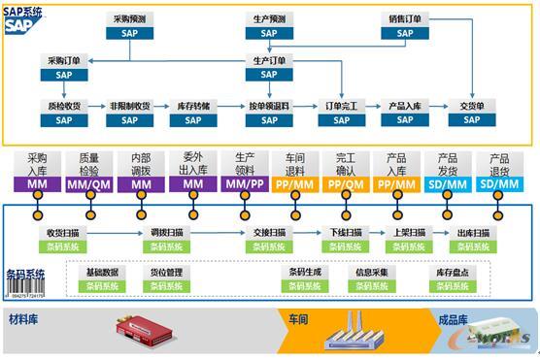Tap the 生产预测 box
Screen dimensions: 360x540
click(x=269, y=25)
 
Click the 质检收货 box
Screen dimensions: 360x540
click(x=64, y=113)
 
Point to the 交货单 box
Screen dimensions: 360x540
click(x=472, y=113)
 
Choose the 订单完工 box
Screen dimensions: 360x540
click(x=342, y=113)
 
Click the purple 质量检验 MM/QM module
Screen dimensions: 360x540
click(x=88, y=171)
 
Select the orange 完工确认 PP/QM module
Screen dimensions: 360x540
click(x=346, y=171)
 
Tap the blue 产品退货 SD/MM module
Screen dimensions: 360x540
click(x=499, y=171)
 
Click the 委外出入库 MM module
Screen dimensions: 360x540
click(x=193, y=171)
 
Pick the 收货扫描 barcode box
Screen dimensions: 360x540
click(x=64, y=240)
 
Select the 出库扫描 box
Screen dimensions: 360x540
click(x=472, y=240)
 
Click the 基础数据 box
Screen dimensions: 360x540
click(x=102, y=279)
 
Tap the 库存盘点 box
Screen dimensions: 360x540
click(x=454, y=279)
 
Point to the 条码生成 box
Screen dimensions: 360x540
click(x=306, y=279)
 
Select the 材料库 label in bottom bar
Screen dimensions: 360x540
click(x=24, y=319)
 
